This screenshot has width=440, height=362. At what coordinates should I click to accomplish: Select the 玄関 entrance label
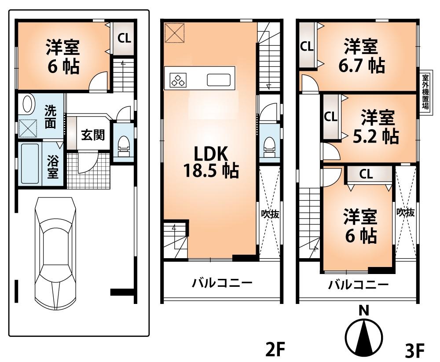(92, 135)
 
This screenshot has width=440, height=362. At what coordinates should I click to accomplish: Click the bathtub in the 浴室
(29, 164)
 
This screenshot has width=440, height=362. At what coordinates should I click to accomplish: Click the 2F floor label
(276, 350)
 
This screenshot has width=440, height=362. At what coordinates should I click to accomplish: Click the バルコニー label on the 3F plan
(359, 285)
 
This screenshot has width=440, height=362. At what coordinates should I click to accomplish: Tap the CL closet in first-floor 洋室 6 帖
(124, 38)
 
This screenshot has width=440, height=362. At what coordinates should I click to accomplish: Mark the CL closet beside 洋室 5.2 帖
(330, 117)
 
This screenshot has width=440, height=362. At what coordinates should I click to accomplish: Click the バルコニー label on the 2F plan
(221, 282)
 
